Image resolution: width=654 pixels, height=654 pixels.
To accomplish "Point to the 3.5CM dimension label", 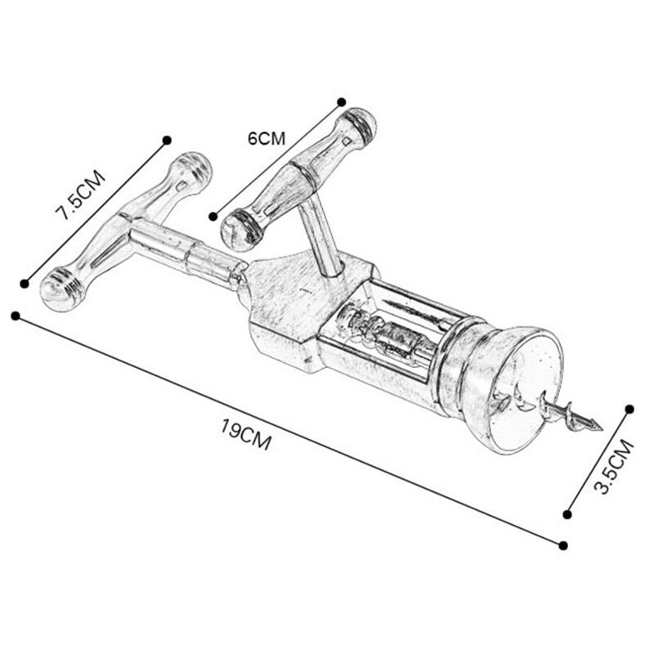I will [612, 467].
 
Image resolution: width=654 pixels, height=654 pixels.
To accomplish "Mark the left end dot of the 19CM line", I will [15, 316].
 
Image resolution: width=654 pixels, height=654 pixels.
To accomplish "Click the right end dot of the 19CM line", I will [563, 545].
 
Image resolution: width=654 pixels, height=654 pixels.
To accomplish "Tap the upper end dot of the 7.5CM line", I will [167, 140].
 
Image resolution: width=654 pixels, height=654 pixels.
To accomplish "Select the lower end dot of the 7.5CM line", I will [25, 284].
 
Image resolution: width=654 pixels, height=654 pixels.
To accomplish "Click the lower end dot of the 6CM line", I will [213, 217].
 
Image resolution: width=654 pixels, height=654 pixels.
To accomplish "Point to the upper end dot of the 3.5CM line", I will [630, 408].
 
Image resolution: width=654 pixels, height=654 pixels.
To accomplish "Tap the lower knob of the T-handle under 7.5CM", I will [60, 288].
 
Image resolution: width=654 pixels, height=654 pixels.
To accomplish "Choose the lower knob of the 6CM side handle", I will [240, 228].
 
